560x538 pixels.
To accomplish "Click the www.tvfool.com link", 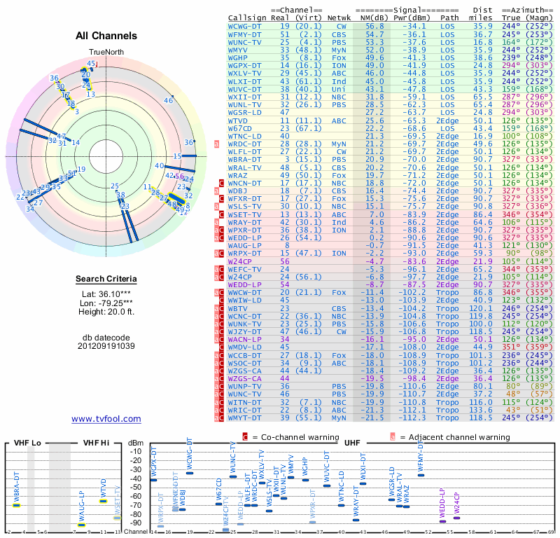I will tap(106, 419).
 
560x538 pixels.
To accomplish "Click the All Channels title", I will tap(106, 36).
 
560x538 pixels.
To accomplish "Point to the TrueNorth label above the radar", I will tap(106, 53).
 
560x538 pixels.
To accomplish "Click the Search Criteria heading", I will tap(106, 280).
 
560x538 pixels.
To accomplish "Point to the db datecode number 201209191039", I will tap(106, 345).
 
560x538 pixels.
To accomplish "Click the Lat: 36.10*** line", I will tap(106, 296).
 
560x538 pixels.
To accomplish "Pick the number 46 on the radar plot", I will tap(168, 100).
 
